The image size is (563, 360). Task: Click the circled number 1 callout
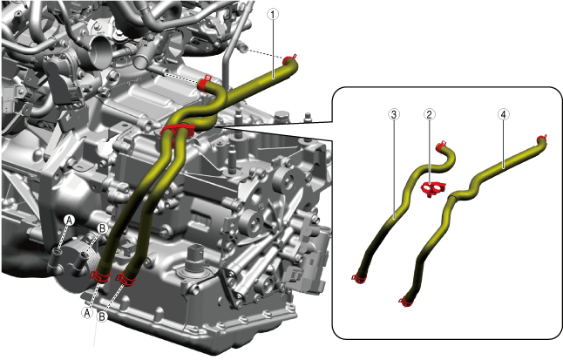point(273,14)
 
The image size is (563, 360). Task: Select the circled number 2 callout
point(429,114)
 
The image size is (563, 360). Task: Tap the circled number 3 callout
point(394,114)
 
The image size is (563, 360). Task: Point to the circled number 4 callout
point(504,114)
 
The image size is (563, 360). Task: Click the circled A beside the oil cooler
point(70,221)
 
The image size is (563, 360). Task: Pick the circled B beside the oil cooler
point(102,228)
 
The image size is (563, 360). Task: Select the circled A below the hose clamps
point(87,313)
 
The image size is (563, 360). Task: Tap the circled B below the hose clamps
point(102,317)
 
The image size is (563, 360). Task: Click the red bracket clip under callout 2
point(432,188)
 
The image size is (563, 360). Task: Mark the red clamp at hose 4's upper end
point(542,139)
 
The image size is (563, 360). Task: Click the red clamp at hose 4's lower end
point(406,302)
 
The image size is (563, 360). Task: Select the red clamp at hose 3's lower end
point(359,278)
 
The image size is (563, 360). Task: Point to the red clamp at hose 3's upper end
point(441,146)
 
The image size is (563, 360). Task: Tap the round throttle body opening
point(98,51)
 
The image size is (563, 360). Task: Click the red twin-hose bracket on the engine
point(177,132)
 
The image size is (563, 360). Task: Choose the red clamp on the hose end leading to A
point(100,276)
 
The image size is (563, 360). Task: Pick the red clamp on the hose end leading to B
point(125,279)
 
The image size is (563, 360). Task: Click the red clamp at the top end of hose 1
point(289,59)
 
